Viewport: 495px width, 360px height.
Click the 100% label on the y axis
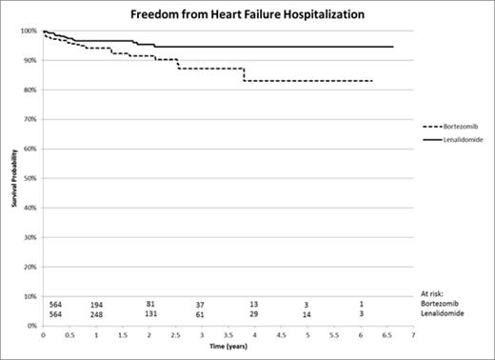coord(30,31)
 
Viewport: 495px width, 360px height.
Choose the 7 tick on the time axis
coord(413,335)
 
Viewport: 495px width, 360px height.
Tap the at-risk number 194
coord(96,304)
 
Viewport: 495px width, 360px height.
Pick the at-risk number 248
coord(96,314)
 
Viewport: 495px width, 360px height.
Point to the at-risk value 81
coord(149,304)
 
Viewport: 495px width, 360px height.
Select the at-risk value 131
coord(149,314)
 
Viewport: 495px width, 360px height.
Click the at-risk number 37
coord(201,304)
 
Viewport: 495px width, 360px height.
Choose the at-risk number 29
coord(254,314)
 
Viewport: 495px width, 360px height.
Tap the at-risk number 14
coord(307,314)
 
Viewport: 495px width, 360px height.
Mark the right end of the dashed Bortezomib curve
coord(371,81)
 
